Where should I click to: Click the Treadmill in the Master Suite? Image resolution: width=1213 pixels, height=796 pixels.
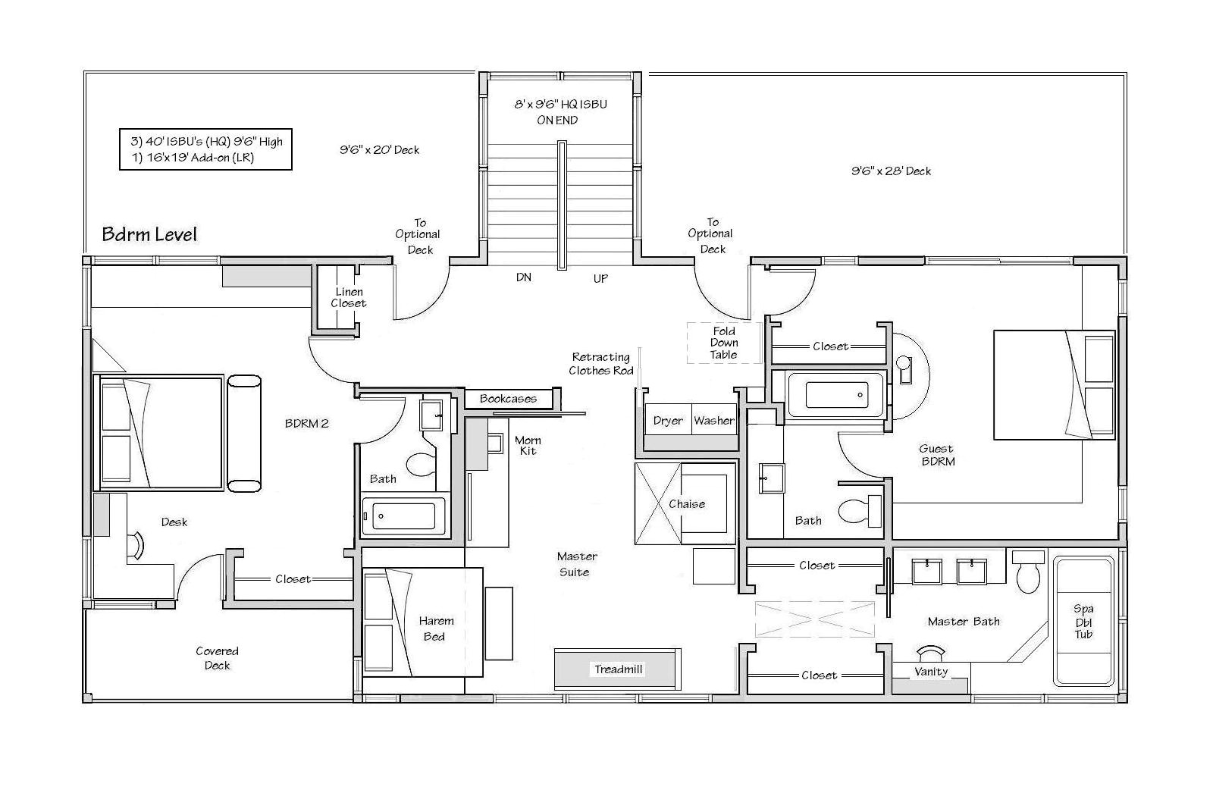(x=618, y=669)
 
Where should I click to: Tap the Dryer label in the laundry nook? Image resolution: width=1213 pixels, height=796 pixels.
(x=668, y=421)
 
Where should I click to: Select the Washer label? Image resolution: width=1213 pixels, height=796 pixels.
(x=714, y=421)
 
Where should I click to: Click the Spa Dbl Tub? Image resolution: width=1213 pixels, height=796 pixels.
(x=1083, y=621)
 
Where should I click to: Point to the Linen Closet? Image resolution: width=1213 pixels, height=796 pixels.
(x=348, y=297)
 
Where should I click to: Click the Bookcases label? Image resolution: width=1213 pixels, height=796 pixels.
(x=508, y=399)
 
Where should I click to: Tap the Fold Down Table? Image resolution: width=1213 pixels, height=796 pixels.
(x=723, y=343)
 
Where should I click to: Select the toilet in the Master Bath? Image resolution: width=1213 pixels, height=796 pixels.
(x=1030, y=575)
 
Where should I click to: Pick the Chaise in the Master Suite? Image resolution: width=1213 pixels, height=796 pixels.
(x=686, y=504)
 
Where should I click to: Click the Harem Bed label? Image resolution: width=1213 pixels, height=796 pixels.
(x=436, y=628)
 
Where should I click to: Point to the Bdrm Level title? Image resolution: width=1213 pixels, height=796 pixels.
(x=149, y=233)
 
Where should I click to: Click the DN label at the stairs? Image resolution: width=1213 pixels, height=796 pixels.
(x=524, y=277)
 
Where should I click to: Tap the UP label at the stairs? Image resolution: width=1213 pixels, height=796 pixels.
(x=600, y=279)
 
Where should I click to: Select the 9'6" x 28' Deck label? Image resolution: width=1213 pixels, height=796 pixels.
(x=891, y=171)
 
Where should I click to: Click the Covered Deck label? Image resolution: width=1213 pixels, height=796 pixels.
(x=217, y=658)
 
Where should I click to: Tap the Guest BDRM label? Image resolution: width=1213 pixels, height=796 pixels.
(x=937, y=455)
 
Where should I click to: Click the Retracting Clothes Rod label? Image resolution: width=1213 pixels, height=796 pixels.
(x=600, y=364)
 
